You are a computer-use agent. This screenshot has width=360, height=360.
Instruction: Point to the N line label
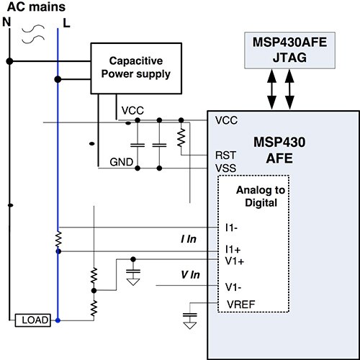pos(8,22)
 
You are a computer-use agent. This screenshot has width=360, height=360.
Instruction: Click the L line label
pos(66,22)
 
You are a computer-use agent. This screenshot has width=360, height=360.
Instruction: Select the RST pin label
pos(222,155)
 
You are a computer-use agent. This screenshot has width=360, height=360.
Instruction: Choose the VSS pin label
pos(224,167)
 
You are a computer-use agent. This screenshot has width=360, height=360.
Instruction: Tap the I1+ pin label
pos(231,249)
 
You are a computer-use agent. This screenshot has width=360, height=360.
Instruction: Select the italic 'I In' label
pos(188,238)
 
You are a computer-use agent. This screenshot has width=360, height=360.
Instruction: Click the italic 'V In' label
pos(189,274)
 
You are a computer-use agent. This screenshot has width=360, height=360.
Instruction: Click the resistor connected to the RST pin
pos(181,136)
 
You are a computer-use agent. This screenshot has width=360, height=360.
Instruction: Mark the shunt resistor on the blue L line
pos(58,238)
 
